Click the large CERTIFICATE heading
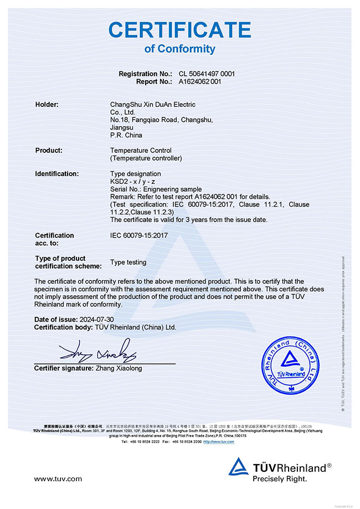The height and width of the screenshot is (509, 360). (179, 29)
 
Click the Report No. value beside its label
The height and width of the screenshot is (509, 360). (200, 81)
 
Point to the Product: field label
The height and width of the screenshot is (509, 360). (49, 150)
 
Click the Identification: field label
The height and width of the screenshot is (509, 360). (57, 174)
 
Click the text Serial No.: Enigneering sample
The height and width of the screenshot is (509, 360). (156, 189)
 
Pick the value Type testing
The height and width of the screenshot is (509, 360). (128, 262)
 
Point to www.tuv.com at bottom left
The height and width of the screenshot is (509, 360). (58, 479)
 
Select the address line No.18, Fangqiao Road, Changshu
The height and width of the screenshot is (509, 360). (162, 120)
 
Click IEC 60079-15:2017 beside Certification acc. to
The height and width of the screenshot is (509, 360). (139, 235)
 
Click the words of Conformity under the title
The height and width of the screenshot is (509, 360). (179, 49)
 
